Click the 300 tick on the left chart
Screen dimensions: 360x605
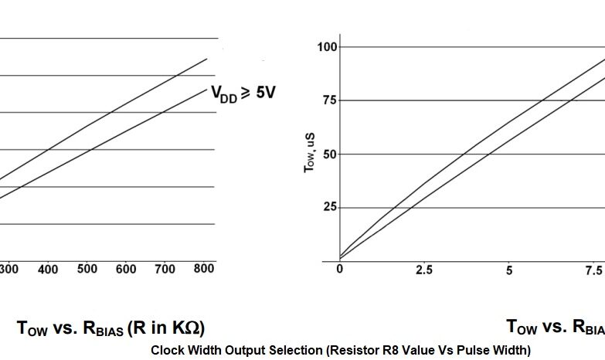(10, 269)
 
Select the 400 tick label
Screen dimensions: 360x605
(48, 269)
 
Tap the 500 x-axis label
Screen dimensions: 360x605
(87, 269)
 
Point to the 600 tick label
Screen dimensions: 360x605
(126, 269)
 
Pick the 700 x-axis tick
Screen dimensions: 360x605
(165, 269)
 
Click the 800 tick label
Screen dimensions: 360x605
(204, 268)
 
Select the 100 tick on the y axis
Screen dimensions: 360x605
(328, 47)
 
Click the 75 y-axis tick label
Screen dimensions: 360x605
(330, 100)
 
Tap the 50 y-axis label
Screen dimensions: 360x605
(330, 154)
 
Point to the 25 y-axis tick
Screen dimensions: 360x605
(330, 207)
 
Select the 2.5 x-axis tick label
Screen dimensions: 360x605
(423, 270)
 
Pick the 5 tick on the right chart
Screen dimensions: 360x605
(509, 270)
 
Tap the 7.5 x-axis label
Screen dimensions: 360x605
(593, 270)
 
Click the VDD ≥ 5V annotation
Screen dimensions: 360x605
(243, 93)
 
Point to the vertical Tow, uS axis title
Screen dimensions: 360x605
(309, 151)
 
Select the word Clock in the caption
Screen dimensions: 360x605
(168, 350)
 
